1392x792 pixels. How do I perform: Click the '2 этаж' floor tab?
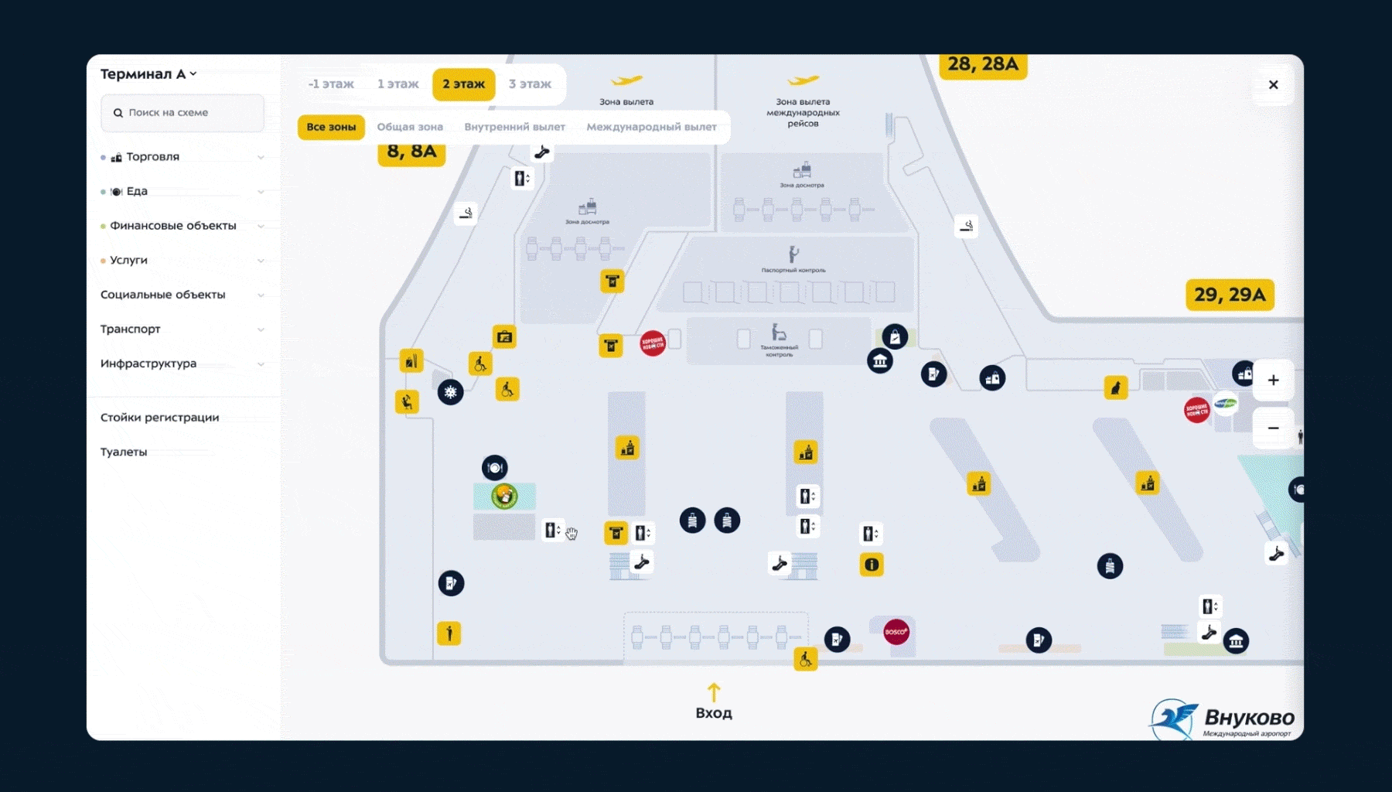click(463, 84)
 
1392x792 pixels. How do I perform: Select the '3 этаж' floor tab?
click(530, 84)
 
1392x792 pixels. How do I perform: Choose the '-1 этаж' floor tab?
click(331, 84)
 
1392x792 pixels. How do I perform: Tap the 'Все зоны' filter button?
click(331, 127)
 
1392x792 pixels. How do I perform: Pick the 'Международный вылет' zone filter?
click(651, 127)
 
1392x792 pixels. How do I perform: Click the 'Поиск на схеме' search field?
click(183, 113)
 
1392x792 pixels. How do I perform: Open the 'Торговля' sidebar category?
click(153, 157)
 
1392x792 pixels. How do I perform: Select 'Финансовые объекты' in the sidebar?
click(173, 226)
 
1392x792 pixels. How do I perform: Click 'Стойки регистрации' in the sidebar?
click(160, 418)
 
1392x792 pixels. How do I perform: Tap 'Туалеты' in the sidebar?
click(124, 452)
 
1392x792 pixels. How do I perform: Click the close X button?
click(1273, 85)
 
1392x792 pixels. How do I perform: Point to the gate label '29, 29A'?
click(1229, 295)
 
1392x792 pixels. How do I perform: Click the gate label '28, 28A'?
click(983, 64)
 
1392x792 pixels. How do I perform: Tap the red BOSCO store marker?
click(896, 632)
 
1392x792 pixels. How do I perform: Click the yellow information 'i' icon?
click(872, 565)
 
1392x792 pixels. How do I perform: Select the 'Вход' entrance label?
click(714, 712)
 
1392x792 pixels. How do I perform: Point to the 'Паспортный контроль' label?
click(793, 270)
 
